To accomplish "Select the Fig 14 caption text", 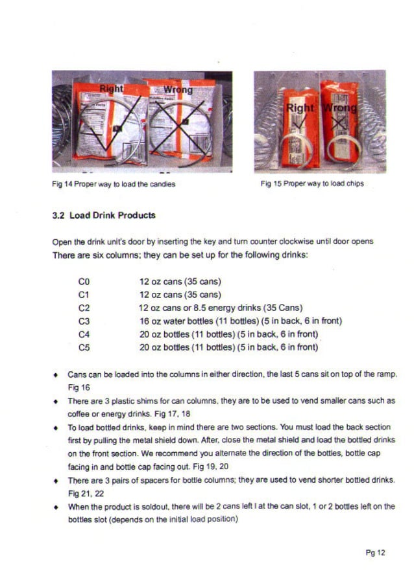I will point(114,183).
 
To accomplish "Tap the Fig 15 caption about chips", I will point(312,183).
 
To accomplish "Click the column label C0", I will point(83,282).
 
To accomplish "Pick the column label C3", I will point(83,321).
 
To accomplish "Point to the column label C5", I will point(83,347).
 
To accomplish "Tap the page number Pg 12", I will point(375,553).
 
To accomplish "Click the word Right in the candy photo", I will point(112,88).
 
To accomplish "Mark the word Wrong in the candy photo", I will point(177,89).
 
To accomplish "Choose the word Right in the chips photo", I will point(300,108).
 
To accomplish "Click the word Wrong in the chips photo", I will point(341,108).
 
